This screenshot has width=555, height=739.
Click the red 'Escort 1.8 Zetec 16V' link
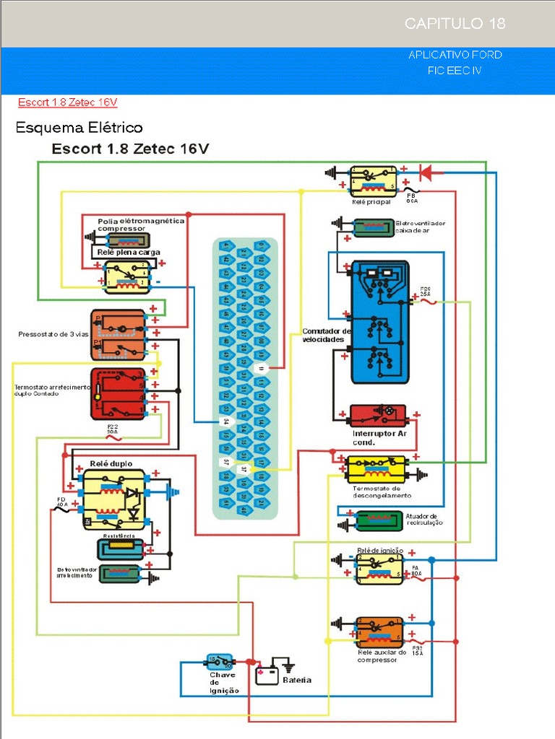[x=68, y=102]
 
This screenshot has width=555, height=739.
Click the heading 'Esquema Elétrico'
[x=79, y=128]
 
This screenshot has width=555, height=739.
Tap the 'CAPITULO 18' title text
[x=455, y=24]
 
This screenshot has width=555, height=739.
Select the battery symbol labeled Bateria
[x=267, y=675]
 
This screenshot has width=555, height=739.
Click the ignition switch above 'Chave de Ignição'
[x=220, y=660]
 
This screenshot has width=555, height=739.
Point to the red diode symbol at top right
[x=426, y=172]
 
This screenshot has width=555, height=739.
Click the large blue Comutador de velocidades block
[x=379, y=321]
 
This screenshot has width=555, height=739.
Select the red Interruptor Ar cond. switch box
[x=377, y=415]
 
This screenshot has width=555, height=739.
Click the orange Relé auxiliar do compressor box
[x=379, y=631]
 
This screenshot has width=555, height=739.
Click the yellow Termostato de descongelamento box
[x=376, y=469]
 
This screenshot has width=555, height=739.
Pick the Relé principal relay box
[x=373, y=181]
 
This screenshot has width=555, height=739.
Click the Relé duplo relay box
[x=113, y=499]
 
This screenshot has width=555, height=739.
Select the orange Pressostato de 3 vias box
[x=118, y=335]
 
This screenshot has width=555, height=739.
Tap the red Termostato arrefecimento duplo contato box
[x=117, y=393]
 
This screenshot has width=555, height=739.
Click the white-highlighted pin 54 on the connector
[x=225, y=421]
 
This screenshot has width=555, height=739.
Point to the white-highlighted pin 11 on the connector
[x=262, y=367]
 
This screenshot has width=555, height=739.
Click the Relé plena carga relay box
[x=126, y=277]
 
